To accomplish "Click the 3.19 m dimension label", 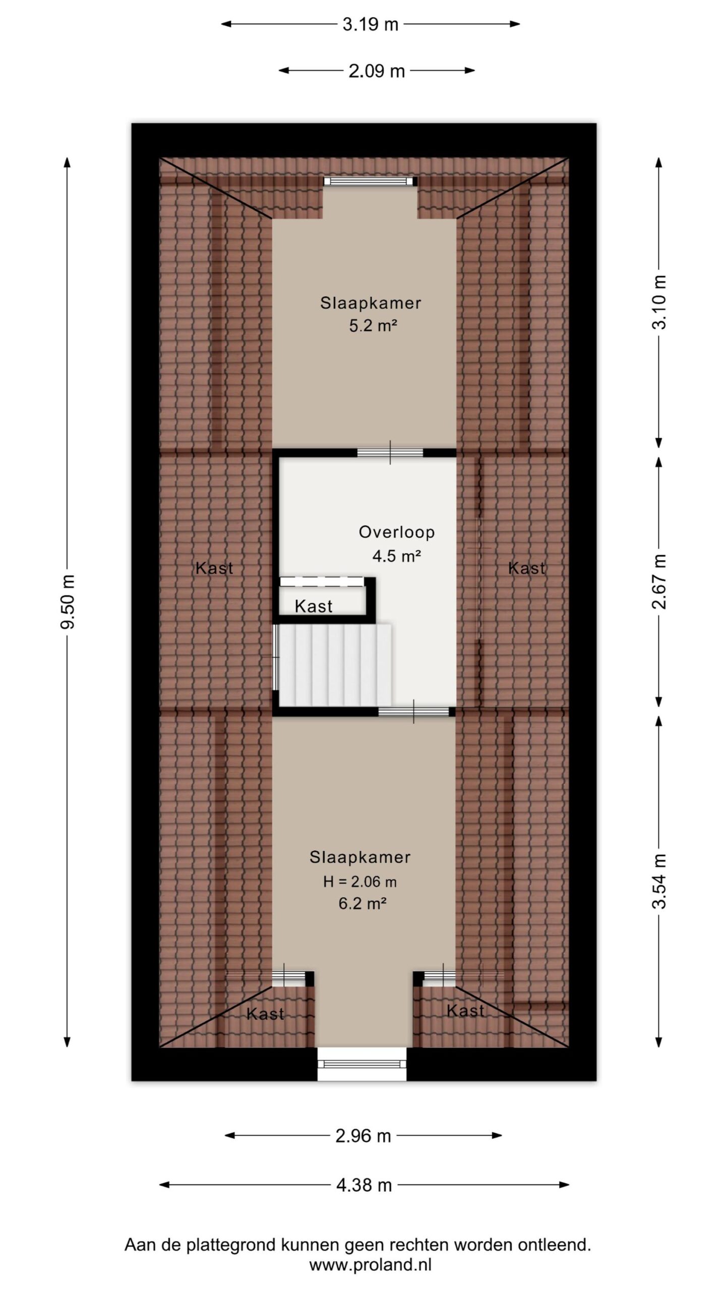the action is coord(370,24).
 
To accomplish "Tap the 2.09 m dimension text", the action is coord(377,71).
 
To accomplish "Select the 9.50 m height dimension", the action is coord(68,602).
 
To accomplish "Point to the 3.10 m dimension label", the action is coord(659,302).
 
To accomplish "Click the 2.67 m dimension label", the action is coord(659,581).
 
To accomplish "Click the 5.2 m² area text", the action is coord(373,326).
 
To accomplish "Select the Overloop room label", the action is coord(397,532).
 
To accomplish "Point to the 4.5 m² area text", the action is coord(397,556).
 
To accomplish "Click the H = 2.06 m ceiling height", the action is coord(360,882).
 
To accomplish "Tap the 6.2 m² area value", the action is coord(362,903).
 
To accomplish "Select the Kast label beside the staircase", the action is coord(313,606).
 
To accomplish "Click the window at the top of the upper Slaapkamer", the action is coord(371,182).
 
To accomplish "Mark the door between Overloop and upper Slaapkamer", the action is coord(390,452).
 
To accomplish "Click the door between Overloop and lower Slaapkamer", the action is coord(414,712).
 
